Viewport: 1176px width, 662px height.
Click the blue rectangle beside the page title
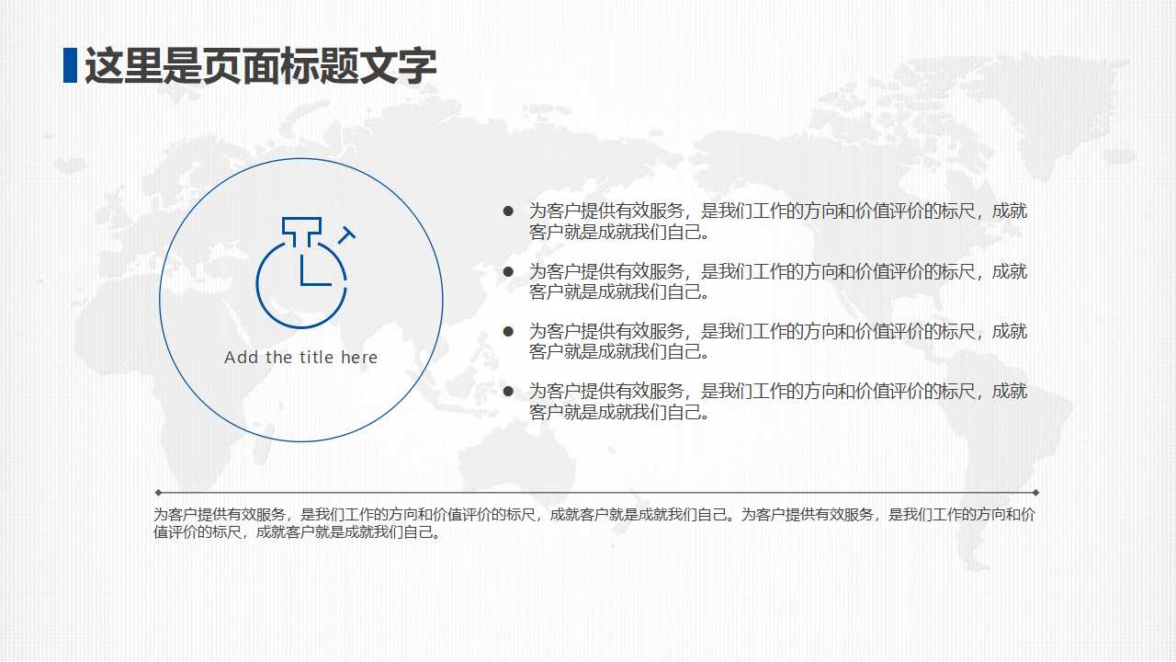(x=70, y=65)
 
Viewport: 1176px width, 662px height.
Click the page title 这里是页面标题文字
(x=260, y=66)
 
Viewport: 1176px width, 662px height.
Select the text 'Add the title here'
(x=301, y=358)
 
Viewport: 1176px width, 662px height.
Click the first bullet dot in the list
(x=508, y=211)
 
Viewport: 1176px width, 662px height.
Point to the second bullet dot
(x=508, y=271)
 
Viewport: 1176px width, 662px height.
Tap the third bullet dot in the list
(x=508, y=331)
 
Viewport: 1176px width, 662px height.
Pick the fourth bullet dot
(x=508, y=392)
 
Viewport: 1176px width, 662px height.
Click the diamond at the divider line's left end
(x=158, y=492)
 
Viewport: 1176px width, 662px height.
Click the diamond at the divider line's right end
(x=1036, y=492)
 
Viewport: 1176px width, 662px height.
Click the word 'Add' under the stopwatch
(x=242, y=358)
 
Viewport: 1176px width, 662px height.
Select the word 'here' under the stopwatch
(x=359, y=358)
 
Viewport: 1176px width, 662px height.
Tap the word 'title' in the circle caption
(x=316, y=358)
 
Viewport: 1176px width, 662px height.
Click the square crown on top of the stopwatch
(x=301, y=228)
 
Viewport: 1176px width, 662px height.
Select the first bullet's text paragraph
(x=777, y=222)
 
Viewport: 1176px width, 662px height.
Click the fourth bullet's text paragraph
(x=777, y=402)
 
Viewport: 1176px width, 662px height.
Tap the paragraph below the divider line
(x=594, y=523)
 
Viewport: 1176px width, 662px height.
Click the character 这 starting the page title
(x=103, y=66)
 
